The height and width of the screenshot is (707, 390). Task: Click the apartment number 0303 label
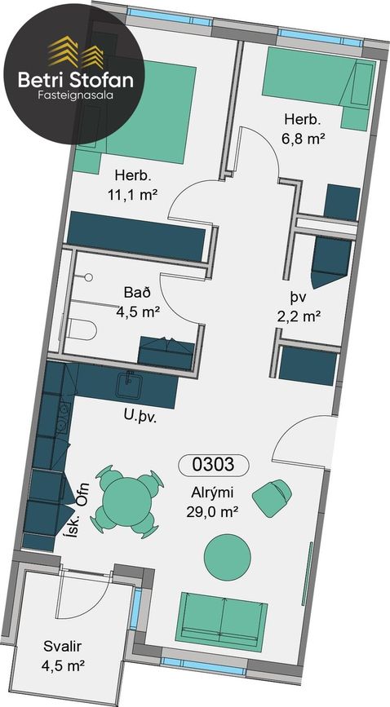[214, 465]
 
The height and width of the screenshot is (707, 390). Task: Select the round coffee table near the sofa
[228, 557]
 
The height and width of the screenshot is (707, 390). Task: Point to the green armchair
[273, 497]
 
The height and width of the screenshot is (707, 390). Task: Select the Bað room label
[137, 292]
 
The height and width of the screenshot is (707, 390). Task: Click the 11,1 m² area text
[132, 195]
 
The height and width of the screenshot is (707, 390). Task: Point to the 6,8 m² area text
[304, 139]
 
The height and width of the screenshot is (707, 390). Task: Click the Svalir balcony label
[63, 646]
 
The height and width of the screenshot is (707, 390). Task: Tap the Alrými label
[211, 493]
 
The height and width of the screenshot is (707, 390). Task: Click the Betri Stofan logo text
[76, 80]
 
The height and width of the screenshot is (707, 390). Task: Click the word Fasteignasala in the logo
[76, 95]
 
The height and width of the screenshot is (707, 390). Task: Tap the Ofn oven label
[83, 496]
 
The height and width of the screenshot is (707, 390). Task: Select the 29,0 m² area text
[211, 512]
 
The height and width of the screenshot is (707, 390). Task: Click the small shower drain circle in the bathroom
[88, 278]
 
